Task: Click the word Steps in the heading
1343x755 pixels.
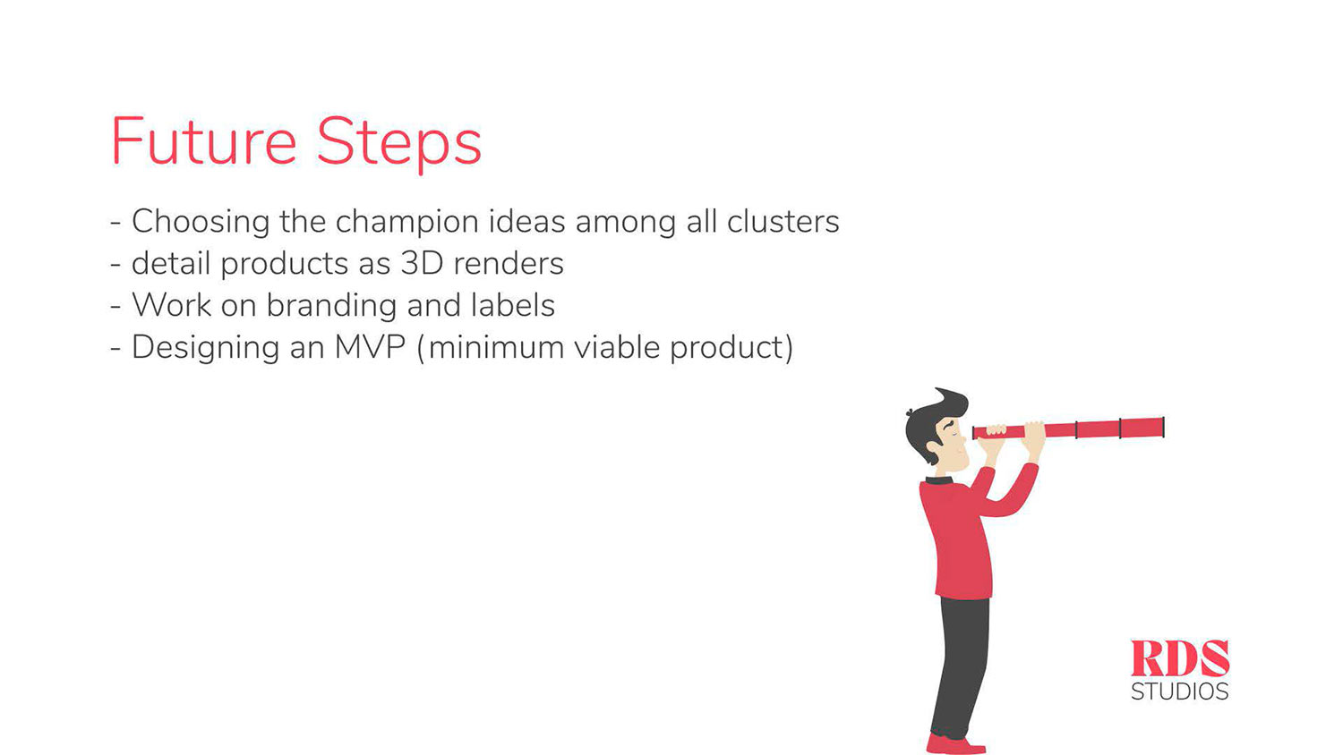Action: [x=398, y=145]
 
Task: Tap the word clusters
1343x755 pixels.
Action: [x=783, y=221]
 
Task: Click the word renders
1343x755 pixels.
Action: [x=509, y=264]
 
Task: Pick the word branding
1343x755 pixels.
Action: [x=331, y=306]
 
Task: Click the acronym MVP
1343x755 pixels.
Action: [x=370, y=347]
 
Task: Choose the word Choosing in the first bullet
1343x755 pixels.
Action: [x=201, y=223]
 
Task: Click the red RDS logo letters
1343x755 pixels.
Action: [x=1180, y=657]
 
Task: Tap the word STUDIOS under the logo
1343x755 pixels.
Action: [x=1180, y=691]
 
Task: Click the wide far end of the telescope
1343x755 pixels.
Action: [x=1163, y=428]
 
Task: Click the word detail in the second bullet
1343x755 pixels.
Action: [x=171, y=263]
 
